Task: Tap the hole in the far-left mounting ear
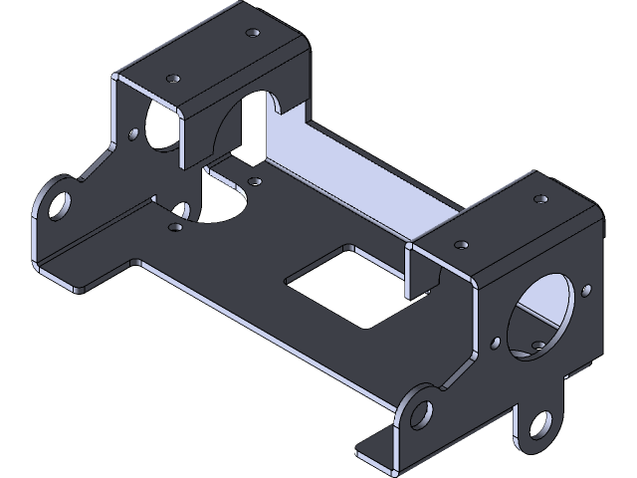click(x=60, y=202)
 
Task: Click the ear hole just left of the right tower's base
click(x=422, y=409)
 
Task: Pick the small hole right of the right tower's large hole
click(x=586, y=291)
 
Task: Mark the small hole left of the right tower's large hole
click(x=496, y=344)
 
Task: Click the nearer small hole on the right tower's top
click(x=464, y=242)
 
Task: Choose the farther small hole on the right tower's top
click(x=539, y=198)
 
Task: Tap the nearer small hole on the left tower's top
click(x=174, y=76)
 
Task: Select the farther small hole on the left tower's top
click(x=253, y=33)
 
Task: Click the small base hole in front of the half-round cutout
click(x=175, y=226)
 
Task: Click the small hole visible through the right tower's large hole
click(x=538, y=346)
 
